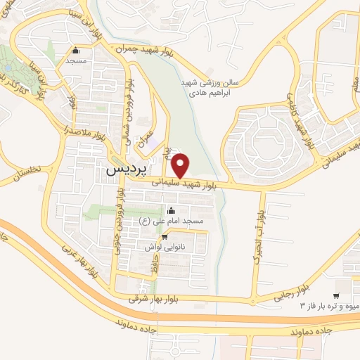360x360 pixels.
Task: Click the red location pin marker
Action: [181, 165]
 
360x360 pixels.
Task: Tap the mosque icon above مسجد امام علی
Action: [171, 210]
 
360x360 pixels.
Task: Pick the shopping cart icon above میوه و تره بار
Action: [337, 295]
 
